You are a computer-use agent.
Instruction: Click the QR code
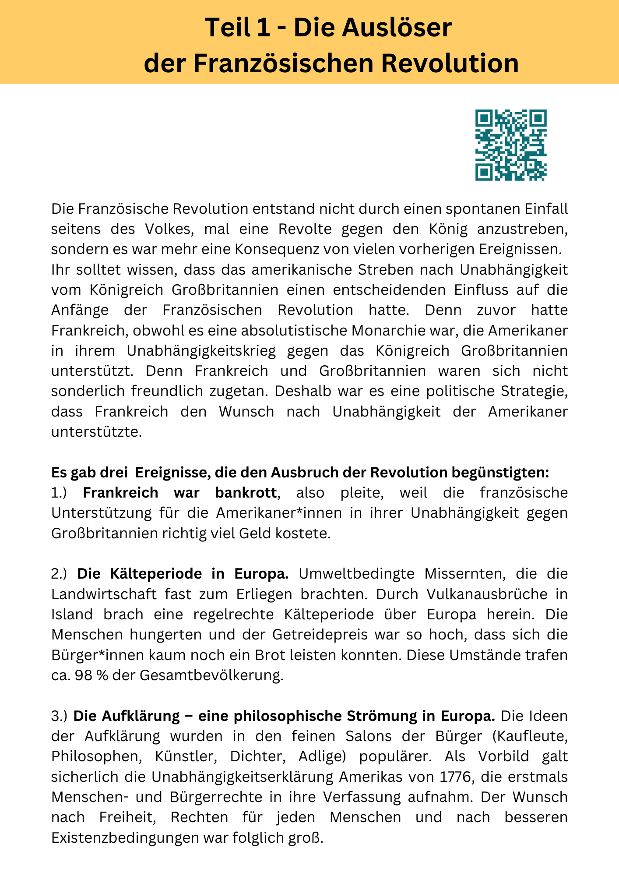(511, 145)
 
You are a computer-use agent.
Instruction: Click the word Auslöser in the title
(396, 28)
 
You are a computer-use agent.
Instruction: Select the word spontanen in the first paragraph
(472, 208)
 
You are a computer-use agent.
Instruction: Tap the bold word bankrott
(246, 492)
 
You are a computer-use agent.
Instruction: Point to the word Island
(72, 614)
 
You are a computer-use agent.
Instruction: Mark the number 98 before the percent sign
(83, 675)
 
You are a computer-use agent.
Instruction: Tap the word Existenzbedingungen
(124, 837)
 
